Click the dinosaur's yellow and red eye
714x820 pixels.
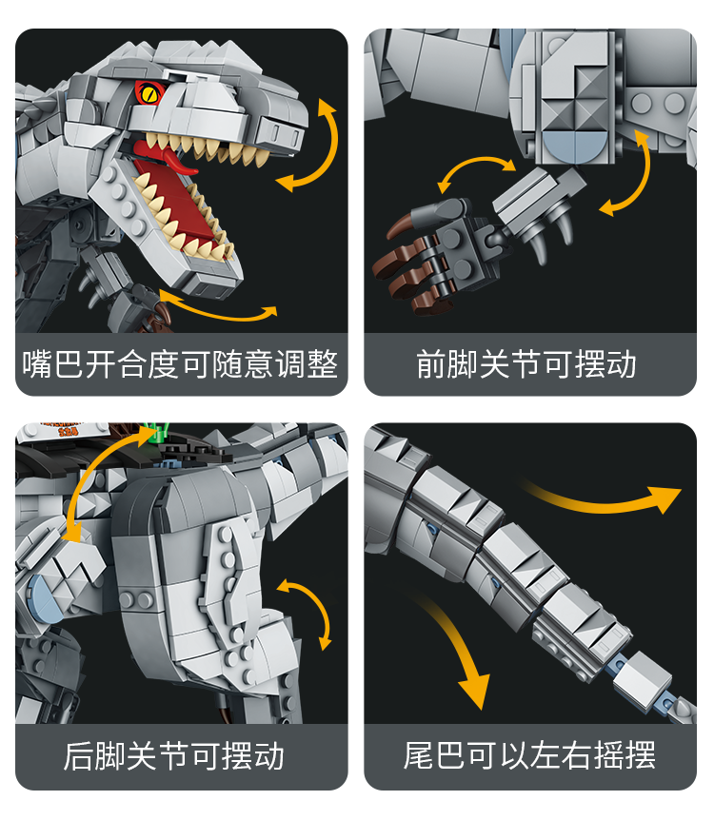149,94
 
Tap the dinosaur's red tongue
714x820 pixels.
167,157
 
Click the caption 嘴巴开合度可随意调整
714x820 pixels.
181,364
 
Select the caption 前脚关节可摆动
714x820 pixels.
526,364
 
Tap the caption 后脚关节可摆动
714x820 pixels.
174,755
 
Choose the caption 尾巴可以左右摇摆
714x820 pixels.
529,755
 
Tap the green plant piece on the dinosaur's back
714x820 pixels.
158,434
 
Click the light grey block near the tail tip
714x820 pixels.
642,680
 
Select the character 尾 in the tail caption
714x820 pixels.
419,755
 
